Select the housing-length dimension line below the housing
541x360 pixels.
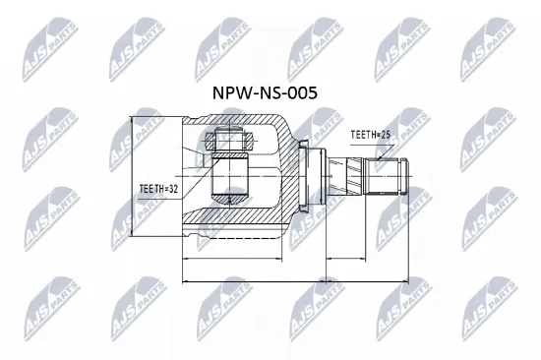[232, 258]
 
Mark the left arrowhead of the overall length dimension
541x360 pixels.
[186, 282]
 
